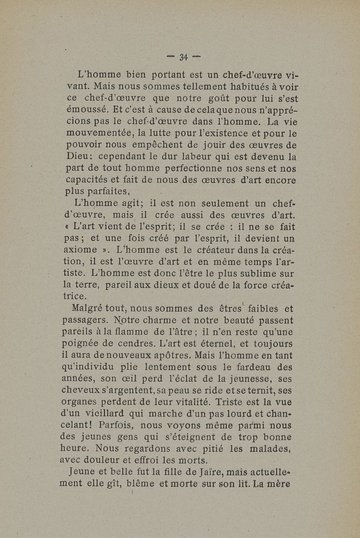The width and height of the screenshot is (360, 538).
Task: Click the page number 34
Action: point(183,57)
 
